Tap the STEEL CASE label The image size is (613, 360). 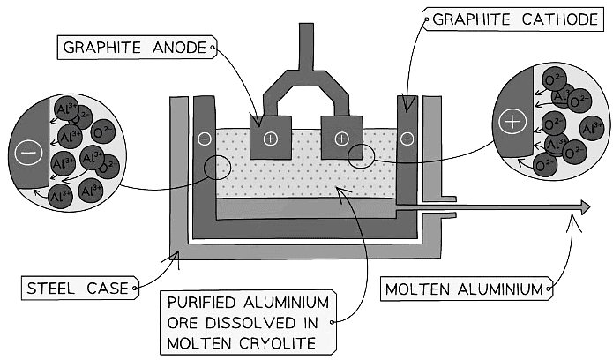(74, 287)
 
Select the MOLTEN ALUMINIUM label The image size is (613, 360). (465, 288)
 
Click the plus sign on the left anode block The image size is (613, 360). (270, 139)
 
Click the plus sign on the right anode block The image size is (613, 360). (342, 139)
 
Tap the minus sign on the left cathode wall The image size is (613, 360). (205, 139)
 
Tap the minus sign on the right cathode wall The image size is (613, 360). (407, 139)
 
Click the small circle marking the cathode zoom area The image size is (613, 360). (217, 168)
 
